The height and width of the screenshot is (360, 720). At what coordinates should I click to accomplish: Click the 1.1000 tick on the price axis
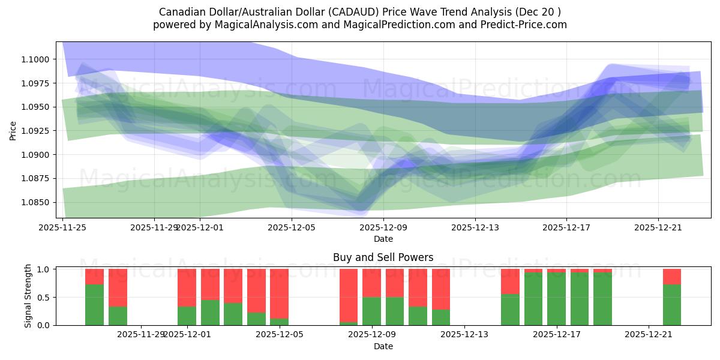pyautogui.click(x=38, y=59)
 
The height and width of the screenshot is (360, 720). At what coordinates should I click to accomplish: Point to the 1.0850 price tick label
pyautogui.click(x=38, y=202)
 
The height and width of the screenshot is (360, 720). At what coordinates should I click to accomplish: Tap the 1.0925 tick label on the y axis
pyautogui.click(x=38, y=131)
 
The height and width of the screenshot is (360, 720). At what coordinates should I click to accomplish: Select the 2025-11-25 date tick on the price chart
pyautogui.click(x=62, y=227)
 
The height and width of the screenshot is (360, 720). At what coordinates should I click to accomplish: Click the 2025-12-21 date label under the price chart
pyautogui.click(x=658, y=227)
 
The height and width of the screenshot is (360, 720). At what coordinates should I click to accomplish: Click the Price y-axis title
pyautogui.click(x=13, y=130)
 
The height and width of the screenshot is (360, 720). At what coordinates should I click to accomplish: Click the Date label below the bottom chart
pyautogui.click(x=383, y=346)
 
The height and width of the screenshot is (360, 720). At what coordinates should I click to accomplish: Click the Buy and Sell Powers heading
pyautogui.click(x=383, y=257)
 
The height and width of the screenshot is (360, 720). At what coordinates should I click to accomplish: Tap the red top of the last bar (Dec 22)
pyautogui.click(x=672, y=276)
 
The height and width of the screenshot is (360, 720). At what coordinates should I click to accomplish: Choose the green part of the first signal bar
pyautogui.click(x=95, y=305)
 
